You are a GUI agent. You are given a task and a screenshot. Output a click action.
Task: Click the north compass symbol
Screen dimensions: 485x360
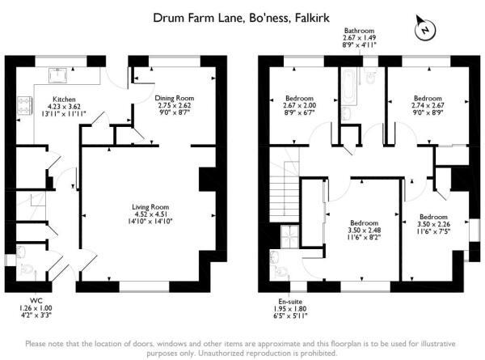[424, 29]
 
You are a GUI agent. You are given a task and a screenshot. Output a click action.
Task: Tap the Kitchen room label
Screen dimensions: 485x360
[64, 99]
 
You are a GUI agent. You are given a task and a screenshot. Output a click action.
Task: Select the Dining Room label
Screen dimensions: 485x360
[175, 98]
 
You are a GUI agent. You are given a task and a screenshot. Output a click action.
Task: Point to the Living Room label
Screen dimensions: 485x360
[150, 207]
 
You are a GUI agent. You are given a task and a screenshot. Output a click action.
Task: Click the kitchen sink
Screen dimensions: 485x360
[58, 75]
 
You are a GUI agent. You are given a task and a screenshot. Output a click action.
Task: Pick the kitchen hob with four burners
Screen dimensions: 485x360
[25, 105]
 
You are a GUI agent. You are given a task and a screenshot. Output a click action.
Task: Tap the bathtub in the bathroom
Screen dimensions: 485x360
[349, 87]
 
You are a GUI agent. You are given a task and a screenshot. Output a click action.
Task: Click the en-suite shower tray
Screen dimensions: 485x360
[290, 236]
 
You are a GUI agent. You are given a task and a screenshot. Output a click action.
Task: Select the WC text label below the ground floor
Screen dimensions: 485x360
[36, 300]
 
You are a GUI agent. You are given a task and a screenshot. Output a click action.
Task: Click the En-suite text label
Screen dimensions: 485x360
[290, 301]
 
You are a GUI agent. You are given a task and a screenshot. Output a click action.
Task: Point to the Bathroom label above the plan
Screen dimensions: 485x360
[359, 30]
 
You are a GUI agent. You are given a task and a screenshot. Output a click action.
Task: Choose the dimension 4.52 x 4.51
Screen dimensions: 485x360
[150, 214]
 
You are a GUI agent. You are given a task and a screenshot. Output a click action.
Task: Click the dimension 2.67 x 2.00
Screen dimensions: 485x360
[299, 105]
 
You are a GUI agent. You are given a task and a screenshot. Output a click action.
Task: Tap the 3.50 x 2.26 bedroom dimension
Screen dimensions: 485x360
[433, 224]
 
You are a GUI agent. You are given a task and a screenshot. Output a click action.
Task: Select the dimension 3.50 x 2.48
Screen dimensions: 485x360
[365, 231]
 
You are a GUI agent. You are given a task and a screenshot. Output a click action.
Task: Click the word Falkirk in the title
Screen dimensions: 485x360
[312, 18]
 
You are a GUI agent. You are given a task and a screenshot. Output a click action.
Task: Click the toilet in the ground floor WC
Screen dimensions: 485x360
[25, 269]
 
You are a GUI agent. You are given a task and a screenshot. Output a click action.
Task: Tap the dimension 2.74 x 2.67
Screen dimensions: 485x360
[428, 105]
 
